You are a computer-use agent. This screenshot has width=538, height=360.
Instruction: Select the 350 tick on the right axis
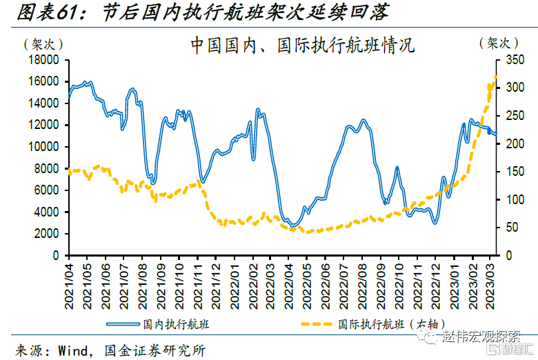511,60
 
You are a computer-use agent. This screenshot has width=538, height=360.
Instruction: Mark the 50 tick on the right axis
508,228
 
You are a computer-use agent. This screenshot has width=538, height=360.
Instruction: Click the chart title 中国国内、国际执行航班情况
301,46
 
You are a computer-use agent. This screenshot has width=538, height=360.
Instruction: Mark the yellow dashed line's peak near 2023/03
495,76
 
